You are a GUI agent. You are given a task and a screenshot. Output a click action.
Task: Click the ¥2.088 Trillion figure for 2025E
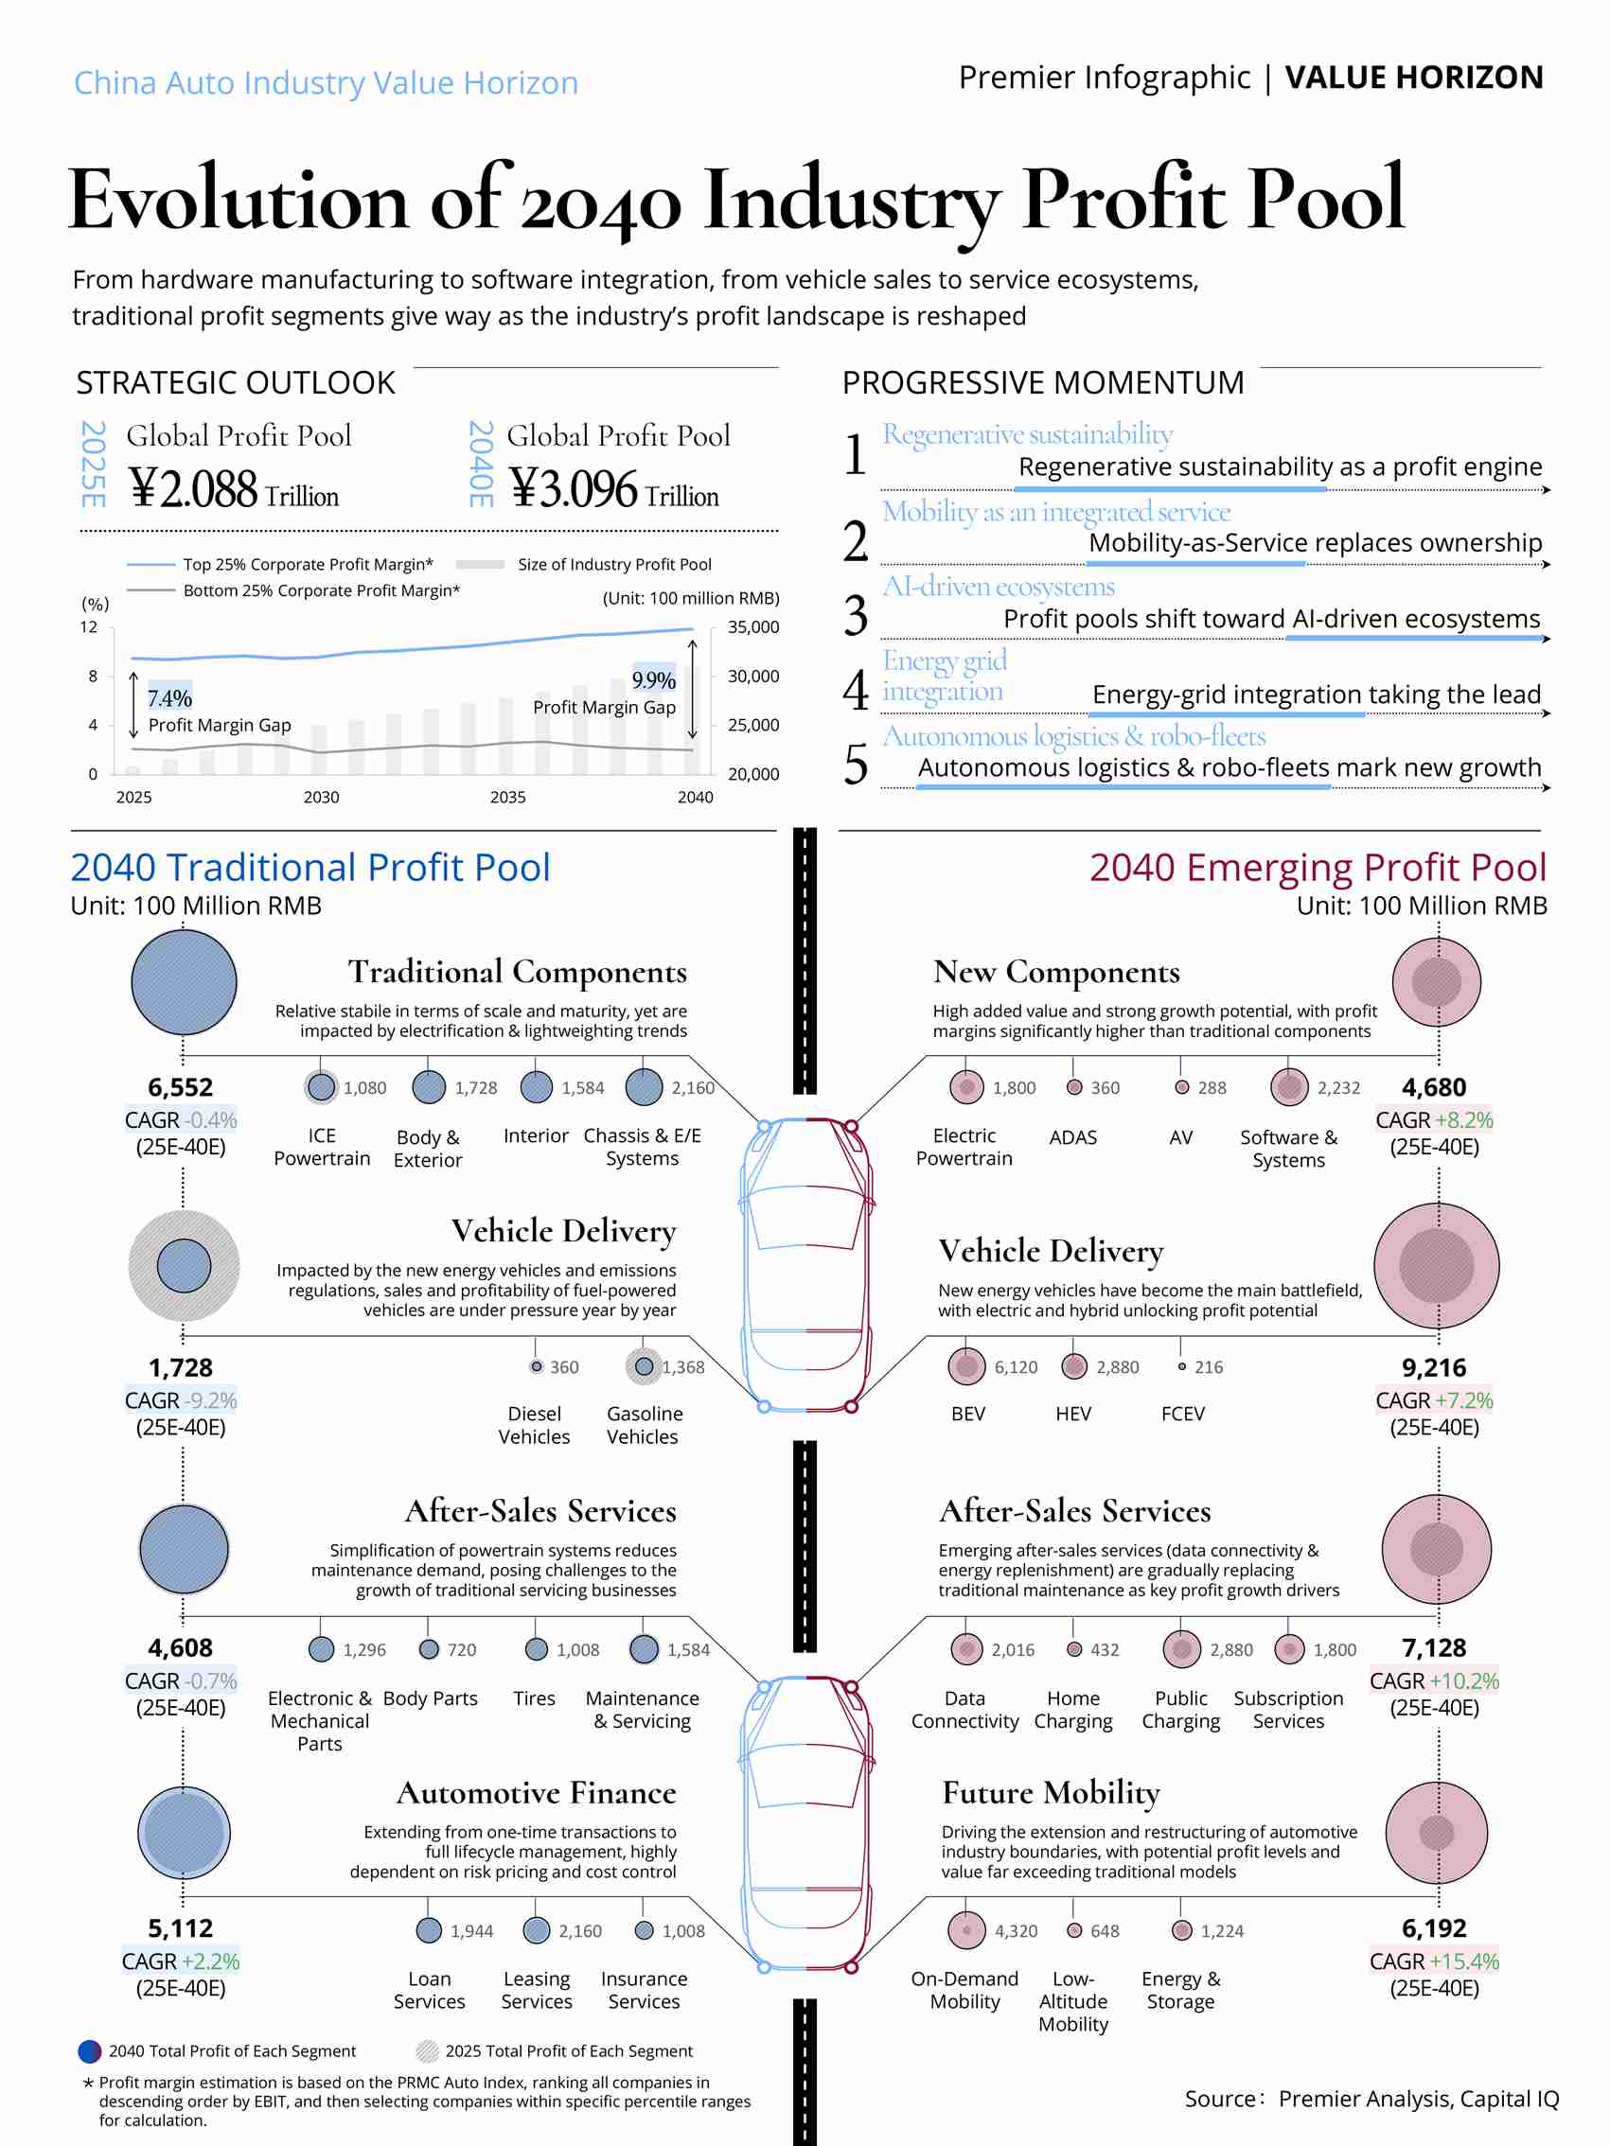coord(234,488)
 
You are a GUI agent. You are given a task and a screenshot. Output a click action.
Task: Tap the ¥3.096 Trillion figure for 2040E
coord(614,488)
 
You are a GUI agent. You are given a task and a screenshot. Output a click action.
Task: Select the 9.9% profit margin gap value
coord(653,680)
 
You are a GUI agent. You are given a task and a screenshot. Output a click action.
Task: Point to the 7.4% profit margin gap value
coord(169,698)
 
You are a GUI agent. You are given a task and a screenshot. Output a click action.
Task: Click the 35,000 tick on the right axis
coord(753,627)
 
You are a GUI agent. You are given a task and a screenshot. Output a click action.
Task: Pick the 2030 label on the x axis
coord(321,798)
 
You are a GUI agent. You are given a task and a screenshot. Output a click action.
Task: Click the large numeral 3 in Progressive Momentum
coord(855,616)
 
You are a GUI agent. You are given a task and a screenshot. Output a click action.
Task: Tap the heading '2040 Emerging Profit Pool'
coord(1317,868)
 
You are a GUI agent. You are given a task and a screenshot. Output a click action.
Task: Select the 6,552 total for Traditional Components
coord(181,1087)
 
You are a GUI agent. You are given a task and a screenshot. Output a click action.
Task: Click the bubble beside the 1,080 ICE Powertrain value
coord(321,1087)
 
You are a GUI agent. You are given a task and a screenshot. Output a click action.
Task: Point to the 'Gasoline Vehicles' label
coord(644,1425)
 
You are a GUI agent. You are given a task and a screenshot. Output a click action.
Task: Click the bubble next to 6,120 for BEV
coord(966,1367)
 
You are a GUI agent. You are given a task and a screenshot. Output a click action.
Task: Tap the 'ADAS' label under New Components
coord(1073,1137)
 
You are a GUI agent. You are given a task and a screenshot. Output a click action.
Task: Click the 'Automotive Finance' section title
coord(536,1793)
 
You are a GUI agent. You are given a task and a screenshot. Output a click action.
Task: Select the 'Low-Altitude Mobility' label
coord(1073,2000)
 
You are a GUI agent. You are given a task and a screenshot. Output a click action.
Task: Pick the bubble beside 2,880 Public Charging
coord(1181,1649)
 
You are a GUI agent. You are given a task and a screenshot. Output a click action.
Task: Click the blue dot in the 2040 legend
coord(89,2051)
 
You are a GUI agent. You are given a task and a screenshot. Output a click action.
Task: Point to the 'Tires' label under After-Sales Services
coord(535,1697)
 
